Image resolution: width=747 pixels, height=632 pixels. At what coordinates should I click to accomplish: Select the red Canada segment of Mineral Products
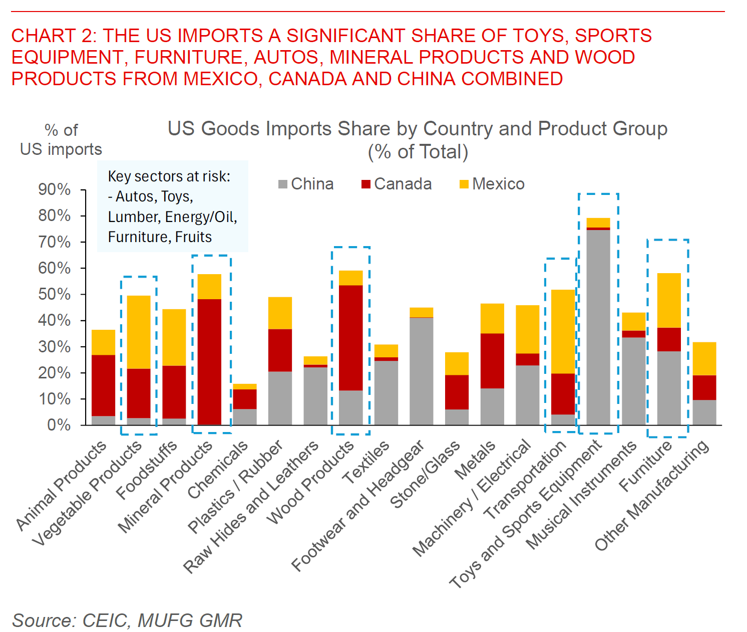pyautogui.click(x=210, y=361)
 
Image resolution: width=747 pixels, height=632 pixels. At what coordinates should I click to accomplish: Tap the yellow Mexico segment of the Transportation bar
pyautogui.click(x=563, y=331)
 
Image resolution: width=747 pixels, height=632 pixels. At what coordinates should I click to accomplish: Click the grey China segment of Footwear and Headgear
pyautogui.click(x=421, y=371)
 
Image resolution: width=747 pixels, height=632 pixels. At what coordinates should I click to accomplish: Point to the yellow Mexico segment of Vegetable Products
pyautogui.click(x=139, y=332)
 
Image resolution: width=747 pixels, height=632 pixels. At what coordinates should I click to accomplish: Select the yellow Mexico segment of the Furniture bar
pyautogui.click(x=669, y=300)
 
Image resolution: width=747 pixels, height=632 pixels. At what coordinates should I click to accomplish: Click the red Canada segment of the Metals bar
pyautogui.click(x=492, y=360)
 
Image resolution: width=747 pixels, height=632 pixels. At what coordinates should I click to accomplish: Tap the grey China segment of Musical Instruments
pyautogui.click(x=633, y=381)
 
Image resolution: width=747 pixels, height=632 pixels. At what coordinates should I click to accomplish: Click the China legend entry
pyautogui.click(x=306, y=184)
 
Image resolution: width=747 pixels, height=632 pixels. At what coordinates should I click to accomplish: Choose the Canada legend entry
pyautogui.click(x=396, y=184)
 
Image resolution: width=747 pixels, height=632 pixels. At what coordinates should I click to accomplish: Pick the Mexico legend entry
pyautogui.click(x=492, y=184)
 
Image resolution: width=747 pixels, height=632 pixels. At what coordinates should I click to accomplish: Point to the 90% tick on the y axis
pyautogui.click(x=55, y=189)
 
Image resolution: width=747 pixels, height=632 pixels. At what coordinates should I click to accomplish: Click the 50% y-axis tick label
pyautogui.click(x=55, y=294)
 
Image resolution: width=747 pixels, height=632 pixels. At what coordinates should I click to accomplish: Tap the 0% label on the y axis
pyautogui.click(x=59, y=425)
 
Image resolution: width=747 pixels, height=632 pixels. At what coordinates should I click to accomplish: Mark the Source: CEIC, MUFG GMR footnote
pyautogui.click(x=127, y=620)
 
